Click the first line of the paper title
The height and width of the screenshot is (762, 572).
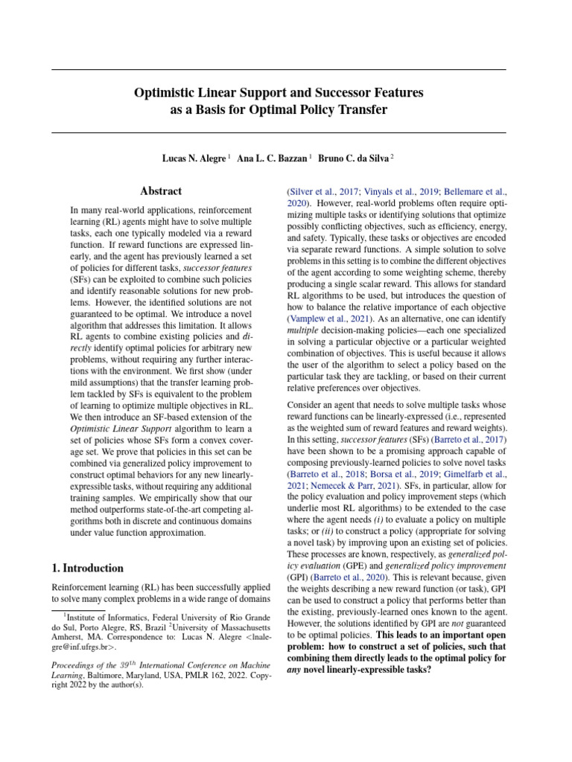click(279, 93)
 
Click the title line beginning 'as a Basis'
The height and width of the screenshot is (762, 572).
click(279, 110)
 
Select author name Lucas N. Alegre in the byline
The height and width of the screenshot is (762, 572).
click(194, 159)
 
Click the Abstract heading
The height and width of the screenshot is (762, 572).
click(162, 191)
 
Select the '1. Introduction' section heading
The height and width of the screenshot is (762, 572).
click(87, 568)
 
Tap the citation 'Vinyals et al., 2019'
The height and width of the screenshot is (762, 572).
click(401, 191)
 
